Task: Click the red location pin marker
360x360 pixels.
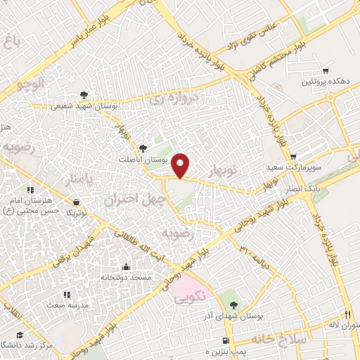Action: tap(182, 165)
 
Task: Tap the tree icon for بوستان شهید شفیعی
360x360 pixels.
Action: tap(84, 94)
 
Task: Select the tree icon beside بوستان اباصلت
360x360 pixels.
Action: tap(143, 148)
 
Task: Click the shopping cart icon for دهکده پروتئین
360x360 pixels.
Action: tap(326, 71)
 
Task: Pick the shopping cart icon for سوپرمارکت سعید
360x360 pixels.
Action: tap(292, 156)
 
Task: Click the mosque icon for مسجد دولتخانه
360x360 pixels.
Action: tap(126, 266)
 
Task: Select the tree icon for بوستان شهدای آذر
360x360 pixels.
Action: tap(233, 305)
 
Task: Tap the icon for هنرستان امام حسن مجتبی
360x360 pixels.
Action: tap(30, 190)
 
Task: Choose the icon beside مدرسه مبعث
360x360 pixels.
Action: tap(66, 295)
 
